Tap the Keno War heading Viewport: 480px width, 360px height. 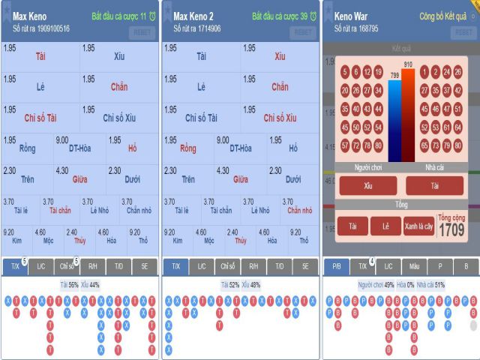point(353,16)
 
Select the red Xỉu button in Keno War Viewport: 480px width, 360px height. point(367,185)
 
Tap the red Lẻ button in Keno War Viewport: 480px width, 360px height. point(385,225)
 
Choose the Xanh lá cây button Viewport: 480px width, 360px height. point(419,225)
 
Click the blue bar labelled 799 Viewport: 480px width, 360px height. point(394,120)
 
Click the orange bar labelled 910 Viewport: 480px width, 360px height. point(408,116)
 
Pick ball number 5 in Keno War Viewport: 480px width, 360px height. point(345,72)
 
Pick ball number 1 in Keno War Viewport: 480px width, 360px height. point(424,72)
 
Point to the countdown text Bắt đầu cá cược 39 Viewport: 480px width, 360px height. point(280,16)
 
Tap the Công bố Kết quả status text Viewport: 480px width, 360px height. point(442,16)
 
